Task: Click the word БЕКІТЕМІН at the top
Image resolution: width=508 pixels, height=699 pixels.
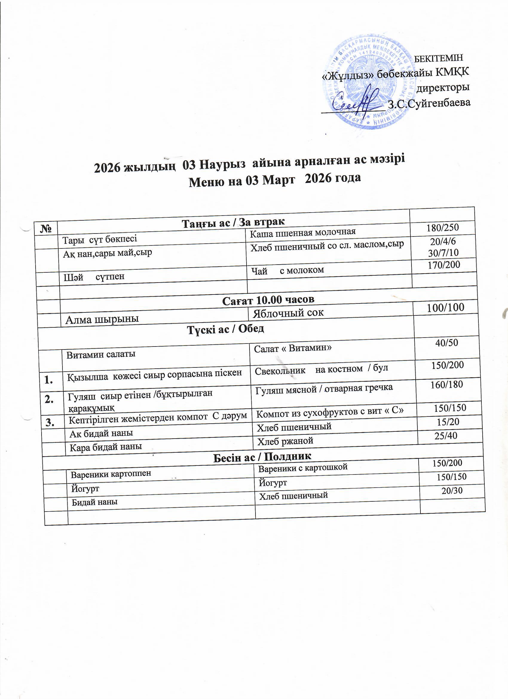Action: (439, 58)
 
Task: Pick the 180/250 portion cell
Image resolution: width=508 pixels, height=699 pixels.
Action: (443, 228)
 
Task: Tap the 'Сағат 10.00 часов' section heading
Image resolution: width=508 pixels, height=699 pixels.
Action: (268, 300)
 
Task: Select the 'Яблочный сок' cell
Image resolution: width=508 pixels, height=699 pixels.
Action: (288, 313)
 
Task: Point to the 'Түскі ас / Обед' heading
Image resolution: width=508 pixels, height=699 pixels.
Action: (226, 329)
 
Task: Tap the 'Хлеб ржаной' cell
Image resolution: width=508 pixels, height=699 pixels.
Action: (285, 441)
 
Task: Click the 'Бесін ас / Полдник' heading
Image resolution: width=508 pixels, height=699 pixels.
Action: (262, 457)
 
